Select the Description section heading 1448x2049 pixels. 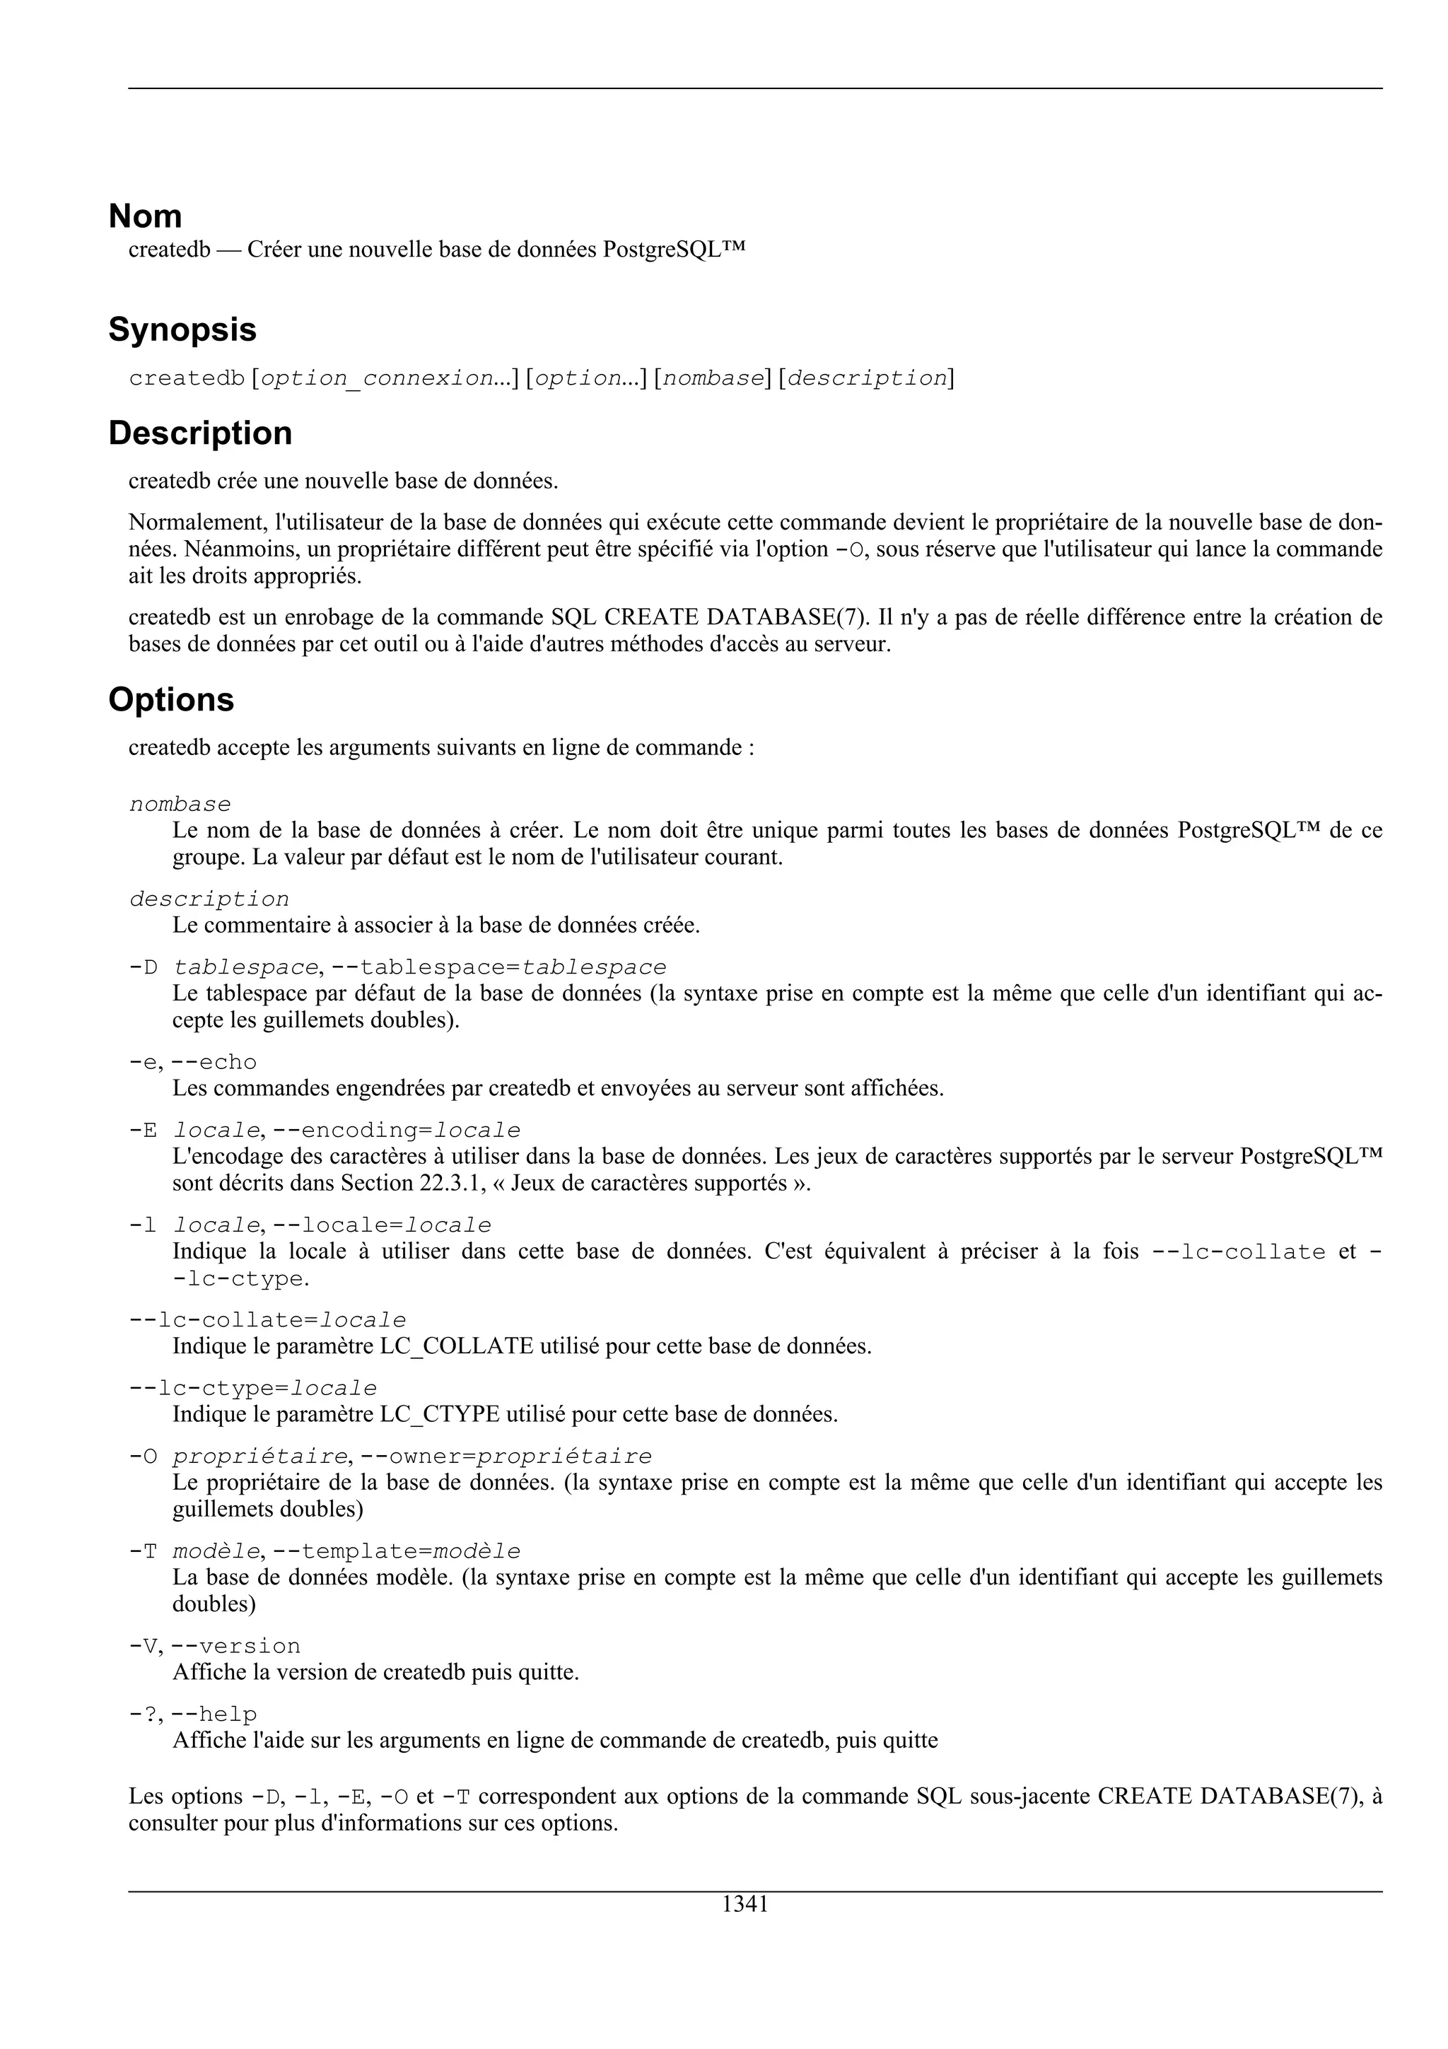pos(200,433)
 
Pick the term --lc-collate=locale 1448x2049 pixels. pos(268,1320)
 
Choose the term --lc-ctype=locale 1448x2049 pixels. pos(253,1389)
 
